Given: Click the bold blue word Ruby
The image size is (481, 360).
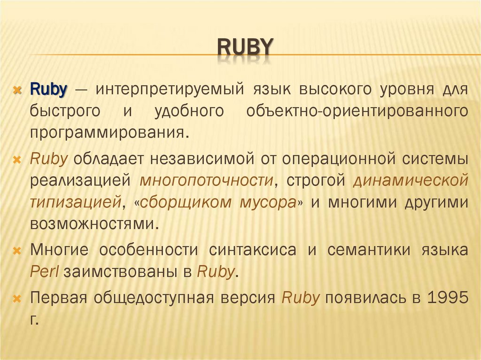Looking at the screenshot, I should [x=49, y=89].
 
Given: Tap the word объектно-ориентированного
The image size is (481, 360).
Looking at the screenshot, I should [x=357, y=111].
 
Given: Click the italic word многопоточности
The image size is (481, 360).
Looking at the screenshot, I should [x=207, y=180].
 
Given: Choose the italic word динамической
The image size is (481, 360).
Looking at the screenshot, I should [x=411, y=180].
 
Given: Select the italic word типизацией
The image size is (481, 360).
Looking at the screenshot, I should [x=76, y=202].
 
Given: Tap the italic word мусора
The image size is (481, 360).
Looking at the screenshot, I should [x=266, y=202].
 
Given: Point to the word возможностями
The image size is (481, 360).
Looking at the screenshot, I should [x=92, y=224].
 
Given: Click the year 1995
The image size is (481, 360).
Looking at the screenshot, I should [x=447, y=298].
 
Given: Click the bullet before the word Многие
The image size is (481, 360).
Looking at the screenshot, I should [x=17, y=251].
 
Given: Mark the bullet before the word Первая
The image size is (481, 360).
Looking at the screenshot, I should [x=17, y=299].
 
